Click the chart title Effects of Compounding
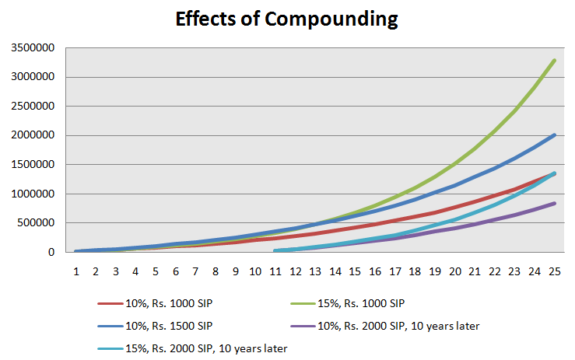pos(287,19)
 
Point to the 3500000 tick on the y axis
pos(33,48)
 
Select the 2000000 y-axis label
pos(33,136)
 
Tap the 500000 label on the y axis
pos(36,223)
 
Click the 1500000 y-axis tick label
pos(33,165)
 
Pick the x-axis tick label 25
pos(554,271)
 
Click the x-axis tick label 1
pos(76,271)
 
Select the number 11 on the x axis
pos(275,271)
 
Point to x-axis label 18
pos(415,271)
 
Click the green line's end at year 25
pos(554,60)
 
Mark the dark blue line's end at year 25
pos(554,135)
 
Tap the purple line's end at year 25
pos(554,203)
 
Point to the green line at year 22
pos(494,130)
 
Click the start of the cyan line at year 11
pos(275,251)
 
